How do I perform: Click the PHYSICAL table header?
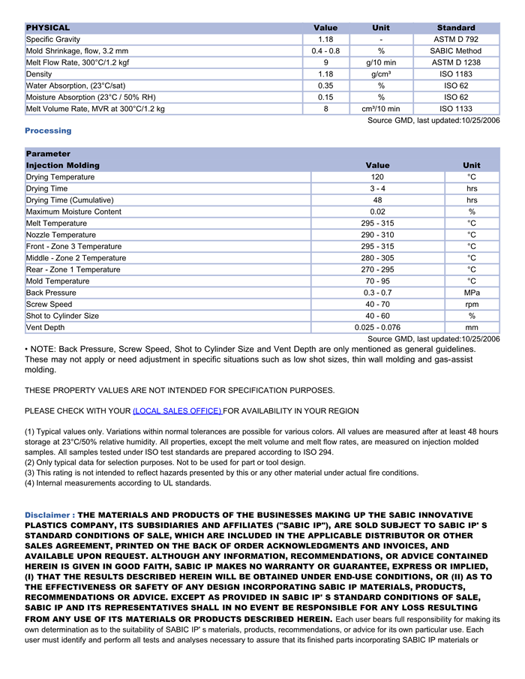click(x=48, y=28)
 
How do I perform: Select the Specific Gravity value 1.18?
click(x=325, y=40)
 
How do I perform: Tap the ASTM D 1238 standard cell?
click(x=456, y=63)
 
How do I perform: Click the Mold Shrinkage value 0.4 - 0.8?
click(x=325, y=51)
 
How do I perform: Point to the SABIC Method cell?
click(x=456, y=51)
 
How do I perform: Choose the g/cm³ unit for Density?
click(x=381, y=74)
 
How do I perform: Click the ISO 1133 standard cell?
click(x=456, y=109)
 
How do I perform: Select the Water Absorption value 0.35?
click(x=325, y=86)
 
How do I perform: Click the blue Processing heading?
click(x=48, y=131)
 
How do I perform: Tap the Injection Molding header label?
click(x=63, y=165)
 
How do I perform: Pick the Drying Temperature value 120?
click(x=377, y=177)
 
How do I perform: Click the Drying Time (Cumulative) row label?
click(x=70, y=200)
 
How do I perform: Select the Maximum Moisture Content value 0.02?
click(x=377, y=212)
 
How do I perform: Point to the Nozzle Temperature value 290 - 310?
click(x=377, y=235)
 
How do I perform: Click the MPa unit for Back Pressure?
click(x=472, y=293)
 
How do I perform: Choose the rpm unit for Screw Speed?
click(x=472, y=305)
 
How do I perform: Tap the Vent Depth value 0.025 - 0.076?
click(x=377, y=328)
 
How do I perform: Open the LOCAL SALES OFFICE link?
click(x=177, y=411)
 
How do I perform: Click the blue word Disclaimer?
click(x=49, y=515)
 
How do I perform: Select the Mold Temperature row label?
click(x=58, y=281)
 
